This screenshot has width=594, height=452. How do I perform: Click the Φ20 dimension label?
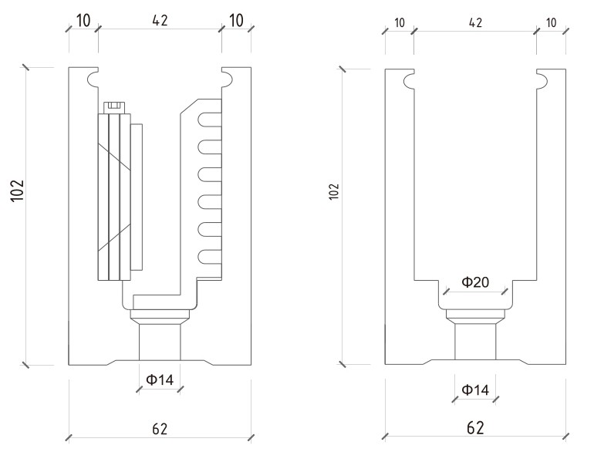coord(474,282)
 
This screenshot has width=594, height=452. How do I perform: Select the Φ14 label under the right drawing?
coord(475,390)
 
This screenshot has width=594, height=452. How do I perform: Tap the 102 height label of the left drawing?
coord(19,191)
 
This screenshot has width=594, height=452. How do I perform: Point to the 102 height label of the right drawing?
coord(333,191)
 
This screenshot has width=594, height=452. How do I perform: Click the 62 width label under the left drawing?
coord(160,428)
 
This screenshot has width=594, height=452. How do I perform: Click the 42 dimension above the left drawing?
coord(160,20)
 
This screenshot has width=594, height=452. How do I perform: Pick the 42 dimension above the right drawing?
coord(475,22)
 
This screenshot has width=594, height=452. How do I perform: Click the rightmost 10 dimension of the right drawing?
coord(551,22)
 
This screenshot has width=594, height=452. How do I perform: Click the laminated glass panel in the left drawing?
coord(114,197)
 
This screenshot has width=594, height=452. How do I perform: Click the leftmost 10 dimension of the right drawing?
coord(399,22)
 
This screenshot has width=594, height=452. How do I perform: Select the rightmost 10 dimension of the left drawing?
coord(236,20)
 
